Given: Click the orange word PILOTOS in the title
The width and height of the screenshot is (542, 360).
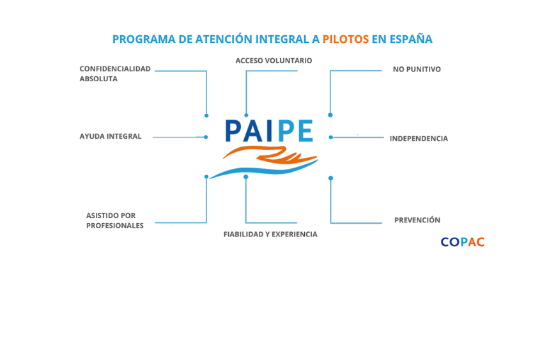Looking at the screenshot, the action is point(345,39).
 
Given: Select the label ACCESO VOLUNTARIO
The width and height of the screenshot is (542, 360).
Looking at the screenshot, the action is point(274,61).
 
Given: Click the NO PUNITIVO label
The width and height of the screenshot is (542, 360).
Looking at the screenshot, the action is point(417,69).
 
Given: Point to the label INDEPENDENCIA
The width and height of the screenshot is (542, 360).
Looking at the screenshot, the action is point(419,139).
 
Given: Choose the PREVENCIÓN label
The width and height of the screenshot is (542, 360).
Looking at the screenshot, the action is point(417,220).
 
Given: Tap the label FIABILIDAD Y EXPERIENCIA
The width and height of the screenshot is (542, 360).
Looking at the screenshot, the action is point(270,234).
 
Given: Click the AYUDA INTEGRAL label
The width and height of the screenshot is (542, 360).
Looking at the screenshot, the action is point(111,136).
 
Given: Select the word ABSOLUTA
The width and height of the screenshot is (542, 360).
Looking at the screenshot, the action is point(98,79).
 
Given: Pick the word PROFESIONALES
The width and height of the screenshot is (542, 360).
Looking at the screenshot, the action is point(115,226).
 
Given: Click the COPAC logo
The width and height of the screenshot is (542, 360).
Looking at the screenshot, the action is point(463,242).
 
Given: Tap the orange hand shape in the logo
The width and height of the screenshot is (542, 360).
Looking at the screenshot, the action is point(273,154).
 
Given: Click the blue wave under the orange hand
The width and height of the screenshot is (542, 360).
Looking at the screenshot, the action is point(263,170).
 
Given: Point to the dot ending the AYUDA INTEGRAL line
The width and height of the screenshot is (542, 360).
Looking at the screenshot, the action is point(206,137).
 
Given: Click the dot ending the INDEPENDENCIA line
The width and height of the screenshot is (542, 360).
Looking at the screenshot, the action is point(331,137).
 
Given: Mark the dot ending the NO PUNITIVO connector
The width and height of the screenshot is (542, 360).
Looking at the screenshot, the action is point(330,115).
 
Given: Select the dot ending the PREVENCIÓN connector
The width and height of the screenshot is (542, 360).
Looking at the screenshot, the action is point(331,178).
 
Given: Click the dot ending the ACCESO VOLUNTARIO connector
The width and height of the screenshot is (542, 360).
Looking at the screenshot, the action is point(246,115).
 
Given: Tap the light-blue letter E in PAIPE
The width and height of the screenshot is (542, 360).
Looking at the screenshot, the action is point(306,131).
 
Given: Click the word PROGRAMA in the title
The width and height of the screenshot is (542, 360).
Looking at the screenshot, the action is point(144,39).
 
